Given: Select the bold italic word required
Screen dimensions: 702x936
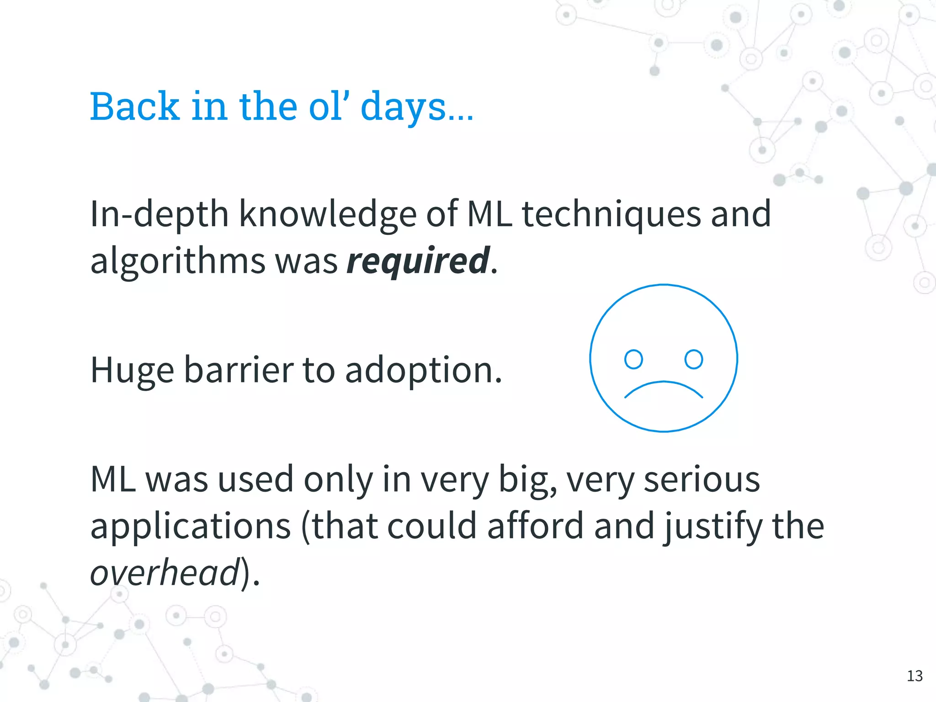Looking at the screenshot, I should (x=418, y=261).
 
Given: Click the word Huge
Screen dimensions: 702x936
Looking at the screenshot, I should (x=132, y=370).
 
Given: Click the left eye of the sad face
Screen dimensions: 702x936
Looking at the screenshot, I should (x=633, y=359).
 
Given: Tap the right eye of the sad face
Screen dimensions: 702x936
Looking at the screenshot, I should (x=693, y=359).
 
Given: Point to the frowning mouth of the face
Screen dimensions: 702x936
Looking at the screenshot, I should (x=663, y=389).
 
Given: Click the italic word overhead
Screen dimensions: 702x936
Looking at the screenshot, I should (x=165, y=572).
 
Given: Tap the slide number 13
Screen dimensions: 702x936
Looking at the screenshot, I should (x=915, y=675).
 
